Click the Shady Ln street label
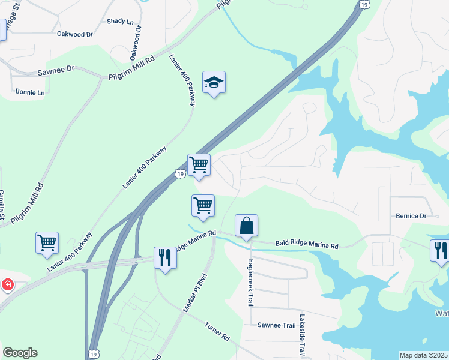tap(120, 22)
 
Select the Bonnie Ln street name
tap(29, 93)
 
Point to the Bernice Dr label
tap(411, 215)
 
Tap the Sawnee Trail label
tap(277, 325)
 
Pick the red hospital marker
tap(7, 284)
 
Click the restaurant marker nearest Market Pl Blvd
tap(164, 258)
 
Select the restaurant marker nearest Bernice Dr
tap(440, 250)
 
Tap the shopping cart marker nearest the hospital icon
tap(47, 243)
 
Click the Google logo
tap(20, 353)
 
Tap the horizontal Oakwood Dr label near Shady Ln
tap(75, 34)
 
